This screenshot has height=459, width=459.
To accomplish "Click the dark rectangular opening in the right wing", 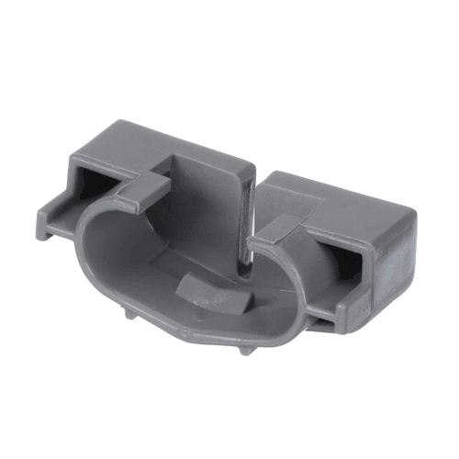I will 351,256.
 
